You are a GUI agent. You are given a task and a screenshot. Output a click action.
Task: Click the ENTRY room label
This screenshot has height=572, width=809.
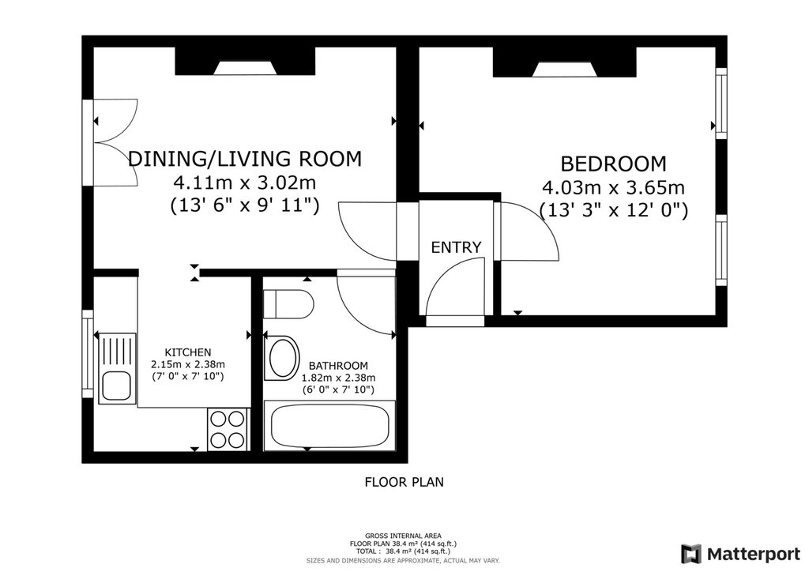click(x=456, y=247)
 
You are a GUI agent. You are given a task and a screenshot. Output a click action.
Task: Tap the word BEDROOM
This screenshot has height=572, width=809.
click(x=613, y=164)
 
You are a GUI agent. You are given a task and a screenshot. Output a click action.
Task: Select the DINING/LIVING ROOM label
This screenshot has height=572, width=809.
click(x=245, y=159)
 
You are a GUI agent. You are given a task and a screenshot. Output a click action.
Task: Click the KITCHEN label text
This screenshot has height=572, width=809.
click(x=188, y=352)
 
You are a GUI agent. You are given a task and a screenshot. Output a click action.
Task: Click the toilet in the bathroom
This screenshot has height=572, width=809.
click(x=288, y=304)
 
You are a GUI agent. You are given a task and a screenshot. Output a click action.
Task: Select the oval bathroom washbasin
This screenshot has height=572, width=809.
click(x=282, y=359)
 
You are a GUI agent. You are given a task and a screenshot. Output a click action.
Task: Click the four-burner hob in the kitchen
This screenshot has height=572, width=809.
click(x=228, y=429)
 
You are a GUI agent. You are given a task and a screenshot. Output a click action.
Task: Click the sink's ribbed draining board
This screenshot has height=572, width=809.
click(x=117, y=351)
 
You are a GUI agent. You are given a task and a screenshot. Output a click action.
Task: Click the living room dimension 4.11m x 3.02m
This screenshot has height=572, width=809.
click(x=245, y=183)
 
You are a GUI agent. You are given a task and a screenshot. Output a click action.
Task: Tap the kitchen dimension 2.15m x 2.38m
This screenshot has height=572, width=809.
click(x=188, y=364)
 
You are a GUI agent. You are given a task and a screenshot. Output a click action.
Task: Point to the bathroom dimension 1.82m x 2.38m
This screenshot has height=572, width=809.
click(x=338, y=378)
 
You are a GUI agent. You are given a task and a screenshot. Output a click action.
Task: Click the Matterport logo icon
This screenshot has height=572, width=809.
click(x=691, y=554)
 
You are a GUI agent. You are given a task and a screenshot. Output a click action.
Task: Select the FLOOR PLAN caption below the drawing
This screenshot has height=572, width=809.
click(x=404, y=482)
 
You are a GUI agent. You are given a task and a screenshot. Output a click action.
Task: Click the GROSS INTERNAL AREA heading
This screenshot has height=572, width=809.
click(x=403, y=536)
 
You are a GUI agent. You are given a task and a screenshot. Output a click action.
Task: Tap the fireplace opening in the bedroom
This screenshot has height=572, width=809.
click(x=565, y=70)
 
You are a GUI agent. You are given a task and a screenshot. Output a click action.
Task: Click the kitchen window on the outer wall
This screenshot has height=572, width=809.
click(x=88, y=354)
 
